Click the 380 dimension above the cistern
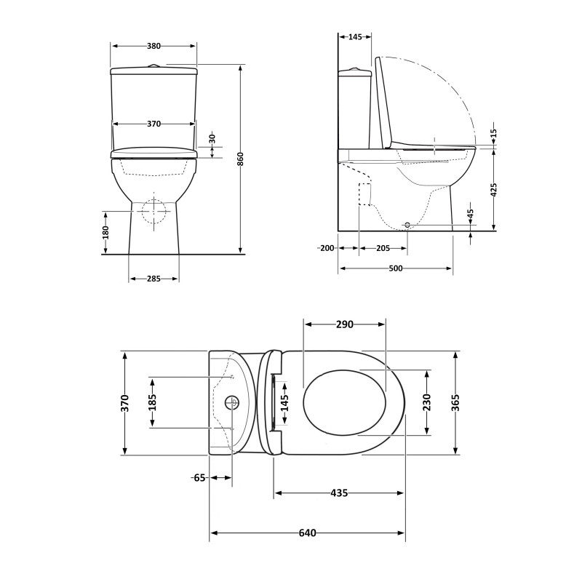click(x=154, y=45)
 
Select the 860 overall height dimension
click(x=241, y=159)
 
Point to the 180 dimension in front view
click(x=105, y=233)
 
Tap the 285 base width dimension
click(x=154, y=279)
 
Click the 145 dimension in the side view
click(x=356, y=36)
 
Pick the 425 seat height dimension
click(x=493, y=191)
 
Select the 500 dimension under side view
click(x=395, y=268)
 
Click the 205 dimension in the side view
click(x=383, y=248)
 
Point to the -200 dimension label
click(x=326, y=248)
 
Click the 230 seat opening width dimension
click(x=426, y=402)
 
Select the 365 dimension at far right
click(x=455, y=402)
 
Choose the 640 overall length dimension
click(x=307, y=533)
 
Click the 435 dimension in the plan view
click(x=338, y=493)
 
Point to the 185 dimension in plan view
click(x=153, y=402)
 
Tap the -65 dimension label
click(x=199, y=478)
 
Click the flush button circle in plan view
click(x=233, y=402)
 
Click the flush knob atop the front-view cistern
click(x=154, y=65)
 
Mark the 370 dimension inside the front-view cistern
click(x=154, y=124)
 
